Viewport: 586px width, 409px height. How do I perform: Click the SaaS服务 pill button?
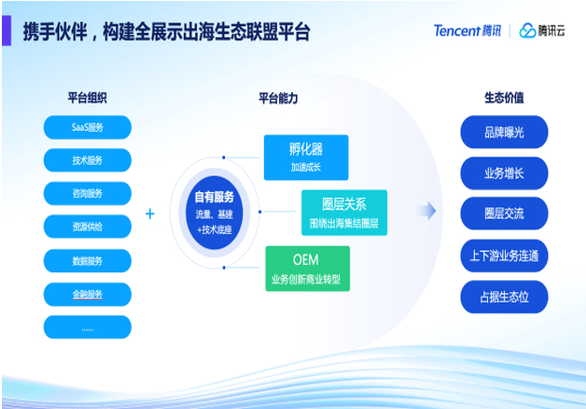click(88, 126)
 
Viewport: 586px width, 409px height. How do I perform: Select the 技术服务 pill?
click(88, 160)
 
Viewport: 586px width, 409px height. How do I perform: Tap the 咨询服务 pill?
click(88, 193)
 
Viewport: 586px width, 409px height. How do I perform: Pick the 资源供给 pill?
click(88, 227)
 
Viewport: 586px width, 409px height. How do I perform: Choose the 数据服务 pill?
click(88, 260)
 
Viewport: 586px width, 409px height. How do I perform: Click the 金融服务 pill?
click(88, 294)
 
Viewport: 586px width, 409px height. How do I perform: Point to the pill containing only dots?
click(88, 328)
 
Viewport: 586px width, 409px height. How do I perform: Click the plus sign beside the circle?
click(150, 214)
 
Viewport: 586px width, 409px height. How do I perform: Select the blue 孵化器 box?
click(305, 157)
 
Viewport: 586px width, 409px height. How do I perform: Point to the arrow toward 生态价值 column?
click(428, 211)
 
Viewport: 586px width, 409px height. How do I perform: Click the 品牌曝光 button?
click(504, 133)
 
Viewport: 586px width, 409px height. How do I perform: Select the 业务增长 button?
click(504, 173)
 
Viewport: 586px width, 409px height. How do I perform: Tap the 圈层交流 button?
click(504, 214)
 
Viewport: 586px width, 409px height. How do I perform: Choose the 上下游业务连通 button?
click(504, 255)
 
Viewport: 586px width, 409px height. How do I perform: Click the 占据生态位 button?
click(504, 297)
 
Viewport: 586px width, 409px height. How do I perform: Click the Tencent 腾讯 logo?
click(467, 31)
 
